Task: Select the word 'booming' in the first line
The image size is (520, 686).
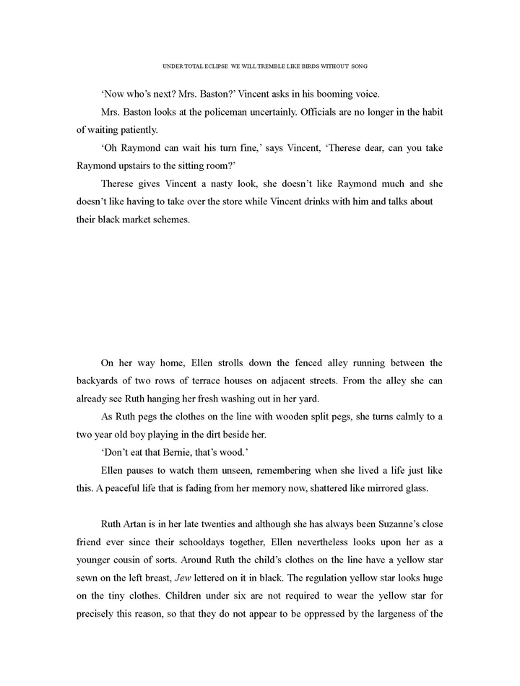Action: (x=332, y=94)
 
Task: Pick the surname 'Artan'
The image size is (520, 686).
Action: (x=138, y=524)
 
